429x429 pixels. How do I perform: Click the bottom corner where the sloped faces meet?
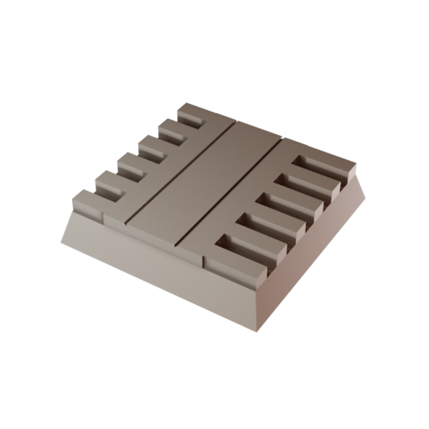pyautogui.click(x=256, y=328)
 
